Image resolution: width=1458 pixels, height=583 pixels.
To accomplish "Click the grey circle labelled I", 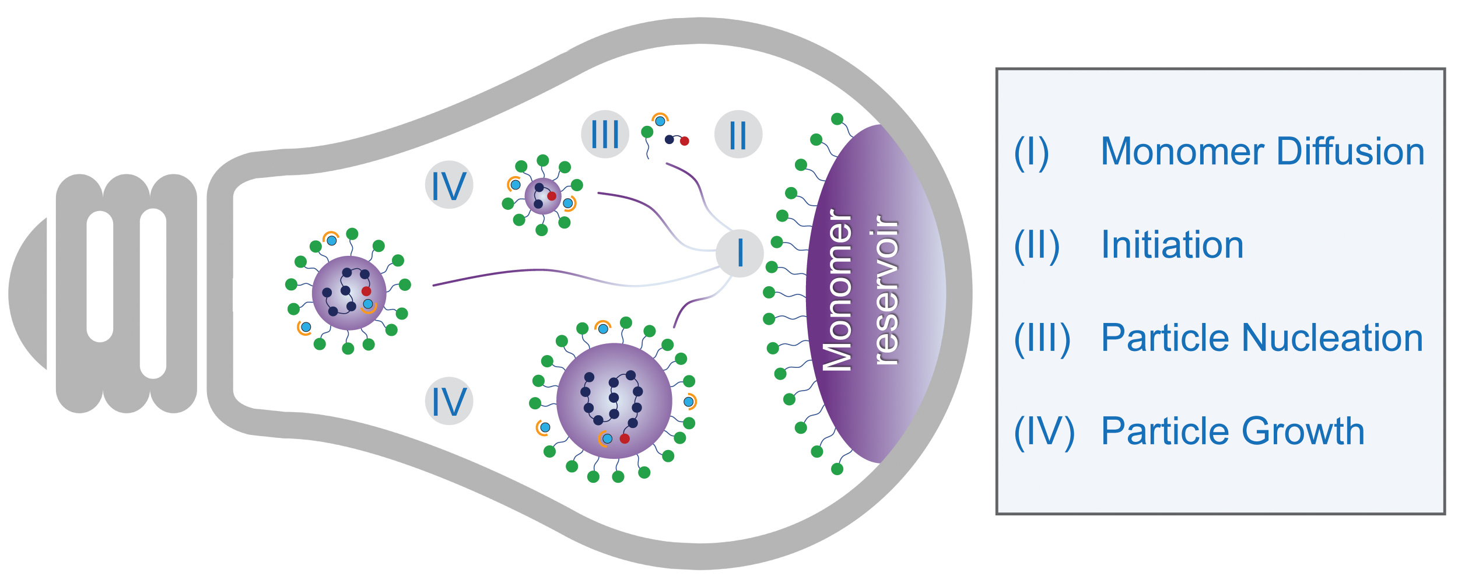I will coord(739,253).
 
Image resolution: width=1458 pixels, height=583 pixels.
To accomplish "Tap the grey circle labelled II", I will coord(738,135).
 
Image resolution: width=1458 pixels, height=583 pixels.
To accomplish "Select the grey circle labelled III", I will coord(605,134).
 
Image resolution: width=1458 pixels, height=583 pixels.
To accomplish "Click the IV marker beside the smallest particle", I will coord(448,185).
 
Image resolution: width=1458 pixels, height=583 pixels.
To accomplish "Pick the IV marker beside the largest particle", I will coord(448,401).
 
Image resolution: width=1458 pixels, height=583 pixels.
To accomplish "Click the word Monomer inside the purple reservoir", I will coord(837,290).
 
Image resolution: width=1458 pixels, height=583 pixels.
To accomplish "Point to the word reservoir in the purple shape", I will coord(886,290).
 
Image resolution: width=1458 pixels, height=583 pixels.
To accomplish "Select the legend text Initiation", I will coord(1172,245).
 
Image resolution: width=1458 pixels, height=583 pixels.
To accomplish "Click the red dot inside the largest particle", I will coord(625,438).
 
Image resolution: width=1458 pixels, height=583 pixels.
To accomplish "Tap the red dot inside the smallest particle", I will coord(552,196).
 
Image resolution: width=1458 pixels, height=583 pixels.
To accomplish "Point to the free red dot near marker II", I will coord(685,141).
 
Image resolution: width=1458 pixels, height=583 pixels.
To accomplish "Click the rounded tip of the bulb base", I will coord(26,293).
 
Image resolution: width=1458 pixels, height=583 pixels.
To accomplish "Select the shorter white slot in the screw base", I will coord(100,276).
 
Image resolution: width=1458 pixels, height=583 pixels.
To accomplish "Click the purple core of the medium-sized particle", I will coord(349,293).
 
